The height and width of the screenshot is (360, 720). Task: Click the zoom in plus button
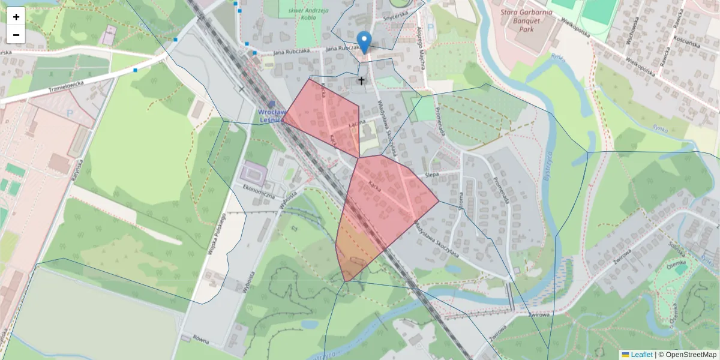[x=16, y=16]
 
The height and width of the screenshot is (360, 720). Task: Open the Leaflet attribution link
[x=641, y=355]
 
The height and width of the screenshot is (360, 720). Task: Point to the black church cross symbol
[x=361, y=80]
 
